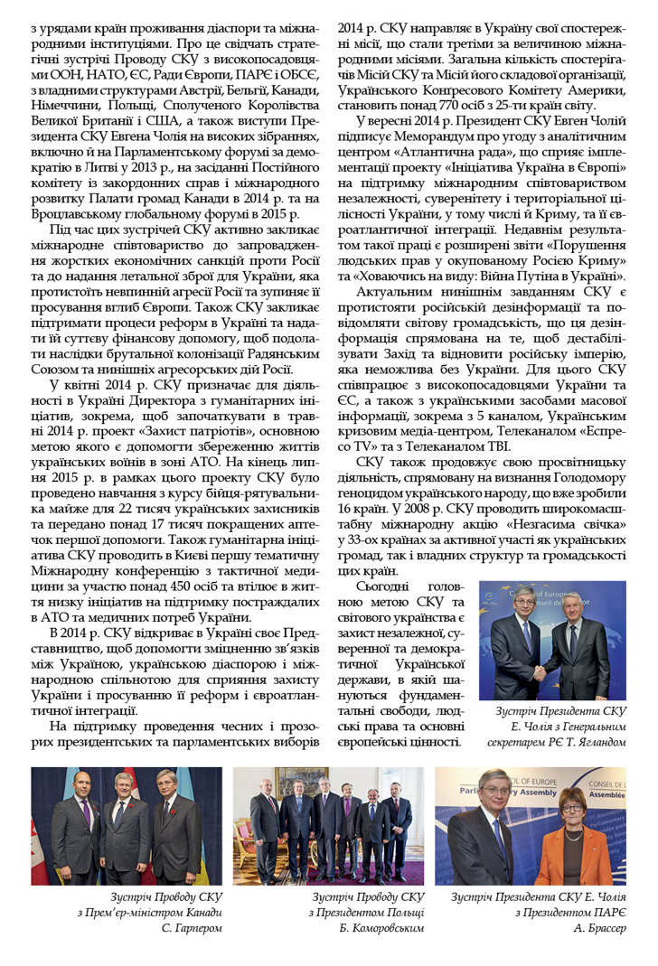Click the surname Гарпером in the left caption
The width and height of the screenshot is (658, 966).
point(193,928)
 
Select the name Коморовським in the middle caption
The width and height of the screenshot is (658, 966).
point(381,928)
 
